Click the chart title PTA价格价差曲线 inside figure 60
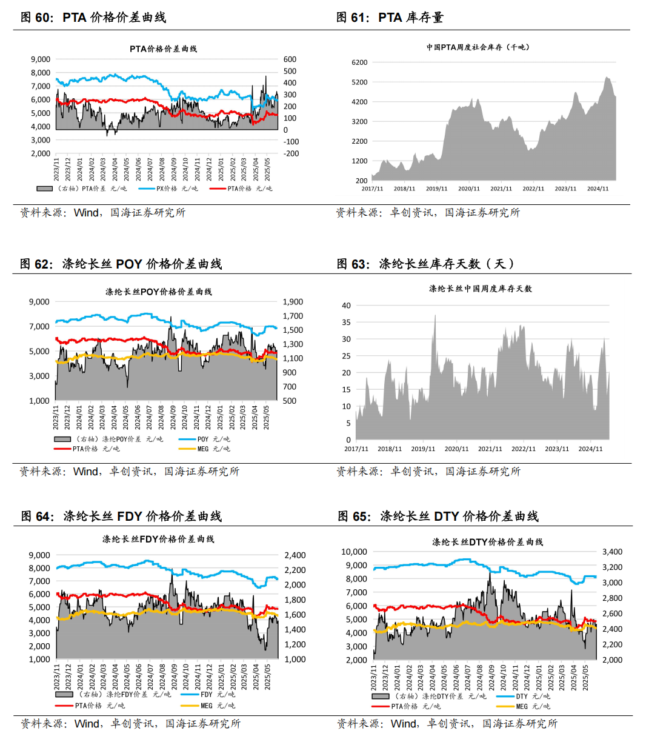pyautogui.click(x=163, y=48)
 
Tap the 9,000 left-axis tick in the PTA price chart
pyautogui.click(x=41, y=59)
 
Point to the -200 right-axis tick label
pyautogui.click(x=291, y=153)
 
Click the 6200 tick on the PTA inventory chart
pyautogui.click(x=359, y=62)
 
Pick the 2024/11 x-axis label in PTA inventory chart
pyautogui.click(x=598, y=189)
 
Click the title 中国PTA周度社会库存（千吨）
pyautogui.click(x=478, y=47)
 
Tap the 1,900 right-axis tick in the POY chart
pyautogui.click(x=293, y=302)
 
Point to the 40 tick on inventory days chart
pyautogui.click(x=346, y=306)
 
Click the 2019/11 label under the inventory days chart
pyautogui.click(x=423, y=449)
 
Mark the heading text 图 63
pyautogui.click(x=352, y=264)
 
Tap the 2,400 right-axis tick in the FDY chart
pyautogui.click(x=295, y=555)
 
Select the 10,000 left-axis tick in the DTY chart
pyautogui.click(x=354, y=552)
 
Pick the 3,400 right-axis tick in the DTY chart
pyautogui.click(x=612, y=552)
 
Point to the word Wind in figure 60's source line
pyautogui.click(x=86, y=213)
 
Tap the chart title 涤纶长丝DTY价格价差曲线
pyautogui.click(x=487, y=542)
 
